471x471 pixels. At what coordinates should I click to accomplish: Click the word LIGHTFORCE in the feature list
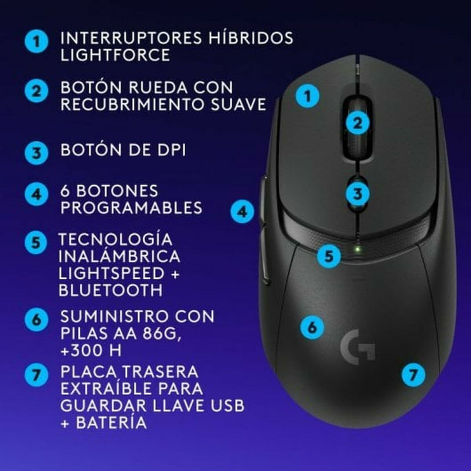pyautogui.click(x=115, y=55)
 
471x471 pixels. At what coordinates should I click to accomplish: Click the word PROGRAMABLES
pyautogui.click(x=131, y=208)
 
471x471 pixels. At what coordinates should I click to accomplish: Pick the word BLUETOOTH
pyautogui.click(x=110, y=290)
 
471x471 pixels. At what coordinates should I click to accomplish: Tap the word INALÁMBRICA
pyautogui.click(x=119, y=256)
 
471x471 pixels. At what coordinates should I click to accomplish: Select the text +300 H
pyautogui.click(x=91, y=350)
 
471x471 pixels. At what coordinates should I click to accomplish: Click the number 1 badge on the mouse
pyautogui.click(x=308, y=95)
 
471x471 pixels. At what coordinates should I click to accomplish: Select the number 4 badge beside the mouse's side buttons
pyautogui.click(x=243, y=212)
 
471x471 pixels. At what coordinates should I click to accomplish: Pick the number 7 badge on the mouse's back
pyautogui.click(x=413, y=374)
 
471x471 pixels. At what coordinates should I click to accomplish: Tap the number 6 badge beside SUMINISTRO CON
pyautogui.click(x=37, y=319)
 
